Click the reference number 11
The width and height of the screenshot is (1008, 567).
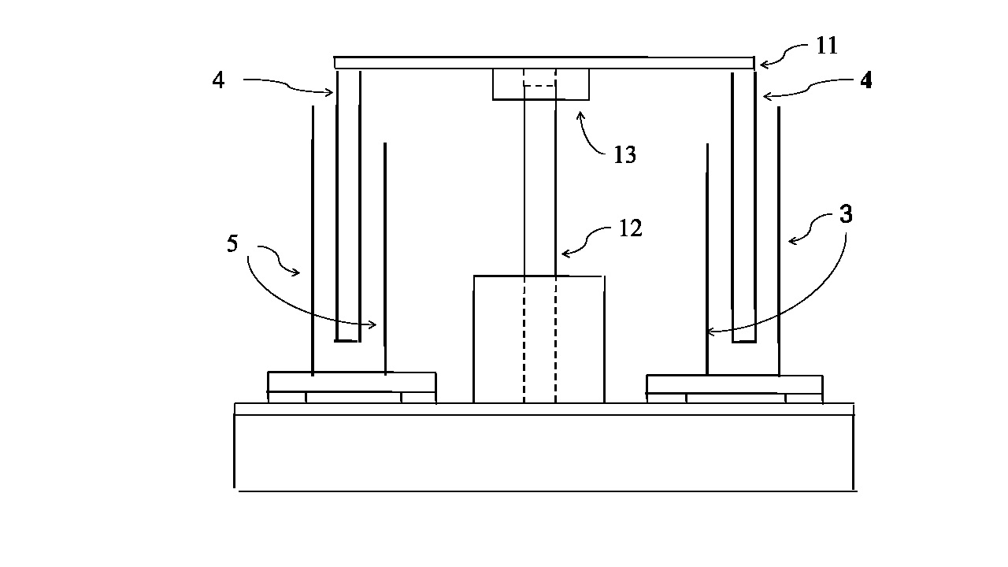827,46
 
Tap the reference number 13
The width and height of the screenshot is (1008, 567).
625,155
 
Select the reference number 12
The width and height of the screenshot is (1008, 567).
631,228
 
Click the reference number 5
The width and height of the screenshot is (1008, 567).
232,243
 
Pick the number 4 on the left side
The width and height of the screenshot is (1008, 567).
218,80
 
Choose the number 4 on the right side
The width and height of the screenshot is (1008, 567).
865,80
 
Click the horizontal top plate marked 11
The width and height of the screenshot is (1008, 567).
544,62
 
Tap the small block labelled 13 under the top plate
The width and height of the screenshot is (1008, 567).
540,84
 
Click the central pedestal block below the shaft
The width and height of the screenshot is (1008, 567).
539,339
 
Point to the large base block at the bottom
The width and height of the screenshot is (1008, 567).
544,453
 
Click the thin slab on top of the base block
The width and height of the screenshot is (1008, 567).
544,409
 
